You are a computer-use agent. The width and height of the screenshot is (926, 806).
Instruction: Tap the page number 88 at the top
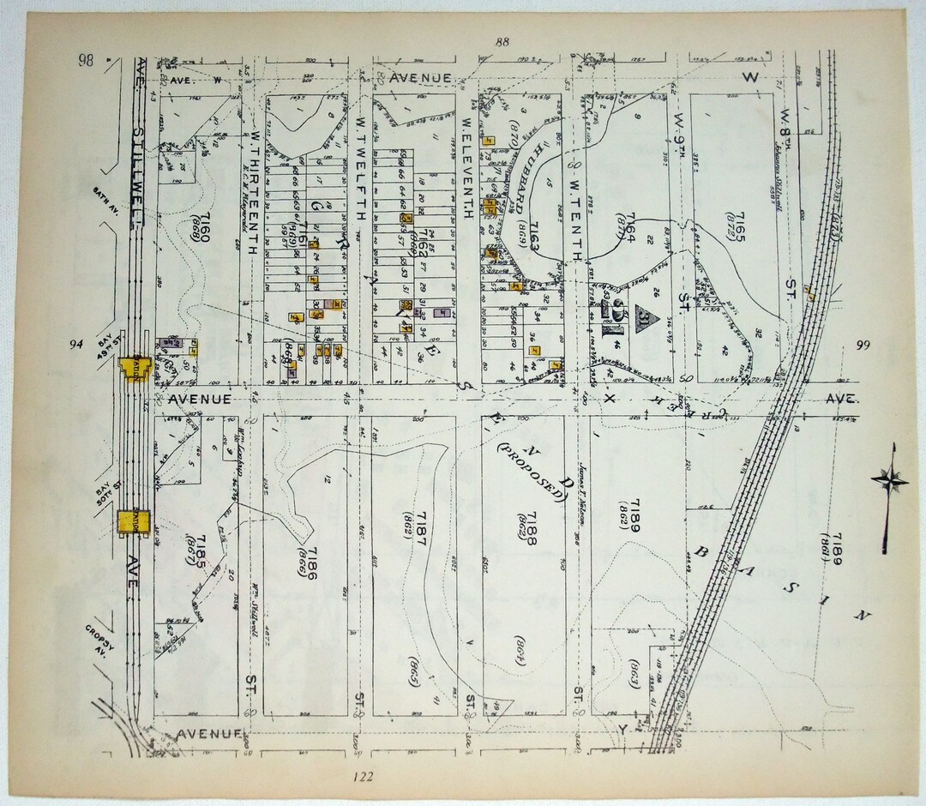(502, 43)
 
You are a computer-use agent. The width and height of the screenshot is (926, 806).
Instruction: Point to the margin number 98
(85, 59)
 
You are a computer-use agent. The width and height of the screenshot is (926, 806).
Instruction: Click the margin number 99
(863, 345)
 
